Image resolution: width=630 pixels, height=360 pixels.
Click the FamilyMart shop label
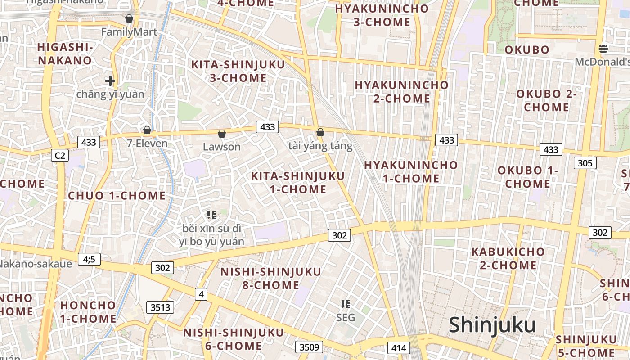tap(129, 32)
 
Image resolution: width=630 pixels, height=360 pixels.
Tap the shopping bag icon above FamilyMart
tap(129, 18)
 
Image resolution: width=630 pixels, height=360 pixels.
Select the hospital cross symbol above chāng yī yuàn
tap(110, 81)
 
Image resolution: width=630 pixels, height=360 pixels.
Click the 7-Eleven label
tap(147, 144)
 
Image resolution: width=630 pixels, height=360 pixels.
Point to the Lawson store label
tap(222, 147)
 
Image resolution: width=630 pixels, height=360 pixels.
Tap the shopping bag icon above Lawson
tap(221, 133)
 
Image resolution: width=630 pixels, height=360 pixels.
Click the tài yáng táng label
tap(320, 146)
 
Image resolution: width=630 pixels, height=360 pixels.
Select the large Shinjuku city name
tap(492, 325)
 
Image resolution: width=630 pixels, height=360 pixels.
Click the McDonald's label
tap(603, 62)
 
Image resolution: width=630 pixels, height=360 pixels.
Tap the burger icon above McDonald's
tap(603, 49)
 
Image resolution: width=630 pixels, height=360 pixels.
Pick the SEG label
tap(346, 317)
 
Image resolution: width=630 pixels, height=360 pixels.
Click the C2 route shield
tap(60, 156)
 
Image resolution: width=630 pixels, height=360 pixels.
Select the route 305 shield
tap(585, 163)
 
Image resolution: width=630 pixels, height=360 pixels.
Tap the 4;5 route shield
tap(89, 259)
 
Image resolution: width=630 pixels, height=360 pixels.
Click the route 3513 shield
tap(160, 307)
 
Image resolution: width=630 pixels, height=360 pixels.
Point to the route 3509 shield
tap(309, 347)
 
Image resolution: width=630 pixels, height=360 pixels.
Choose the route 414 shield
tap(399, 347)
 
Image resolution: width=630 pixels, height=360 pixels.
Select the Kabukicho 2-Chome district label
tap(508, 258)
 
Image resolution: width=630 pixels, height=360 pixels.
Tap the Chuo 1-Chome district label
tap(117, 196)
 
